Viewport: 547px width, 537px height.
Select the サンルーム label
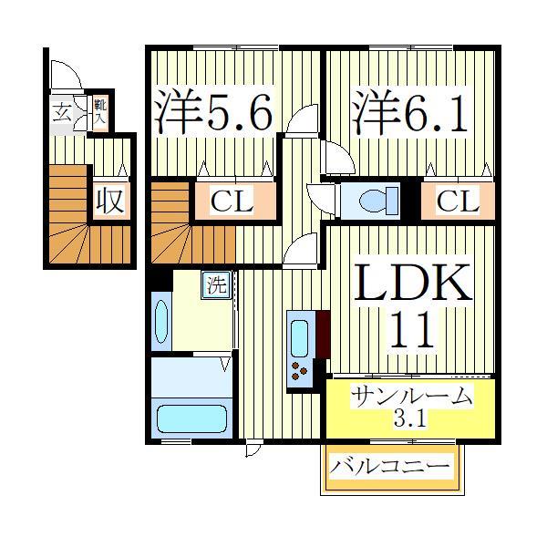[412, 398]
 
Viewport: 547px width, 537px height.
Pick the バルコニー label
[389, 468]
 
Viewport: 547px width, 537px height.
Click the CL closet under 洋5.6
[233, 201]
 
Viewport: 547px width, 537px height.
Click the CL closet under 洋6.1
[456, 201]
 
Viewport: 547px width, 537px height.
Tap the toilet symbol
[376, 200]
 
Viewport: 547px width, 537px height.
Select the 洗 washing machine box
[216, 285]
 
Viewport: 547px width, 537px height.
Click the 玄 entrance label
[61, 113]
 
